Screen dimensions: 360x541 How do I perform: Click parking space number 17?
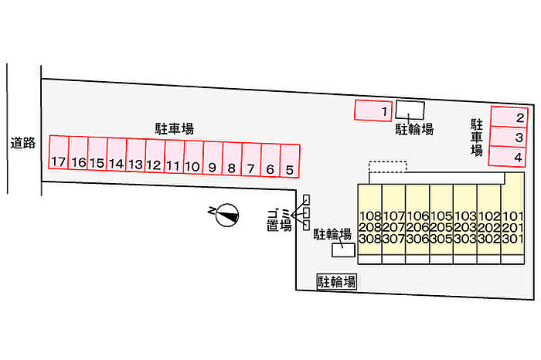(x=59, y=157)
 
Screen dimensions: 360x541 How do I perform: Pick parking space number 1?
(x=373, y=110)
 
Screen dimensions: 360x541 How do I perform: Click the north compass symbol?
(x=226, y=214)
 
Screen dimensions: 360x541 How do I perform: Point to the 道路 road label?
(x=23, y=143)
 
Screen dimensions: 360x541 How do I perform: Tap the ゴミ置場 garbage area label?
(x=279, y=220)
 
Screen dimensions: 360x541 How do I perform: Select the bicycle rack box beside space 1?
(x=410, y=110)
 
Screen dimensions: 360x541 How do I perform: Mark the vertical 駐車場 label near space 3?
(x=478, y=138)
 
